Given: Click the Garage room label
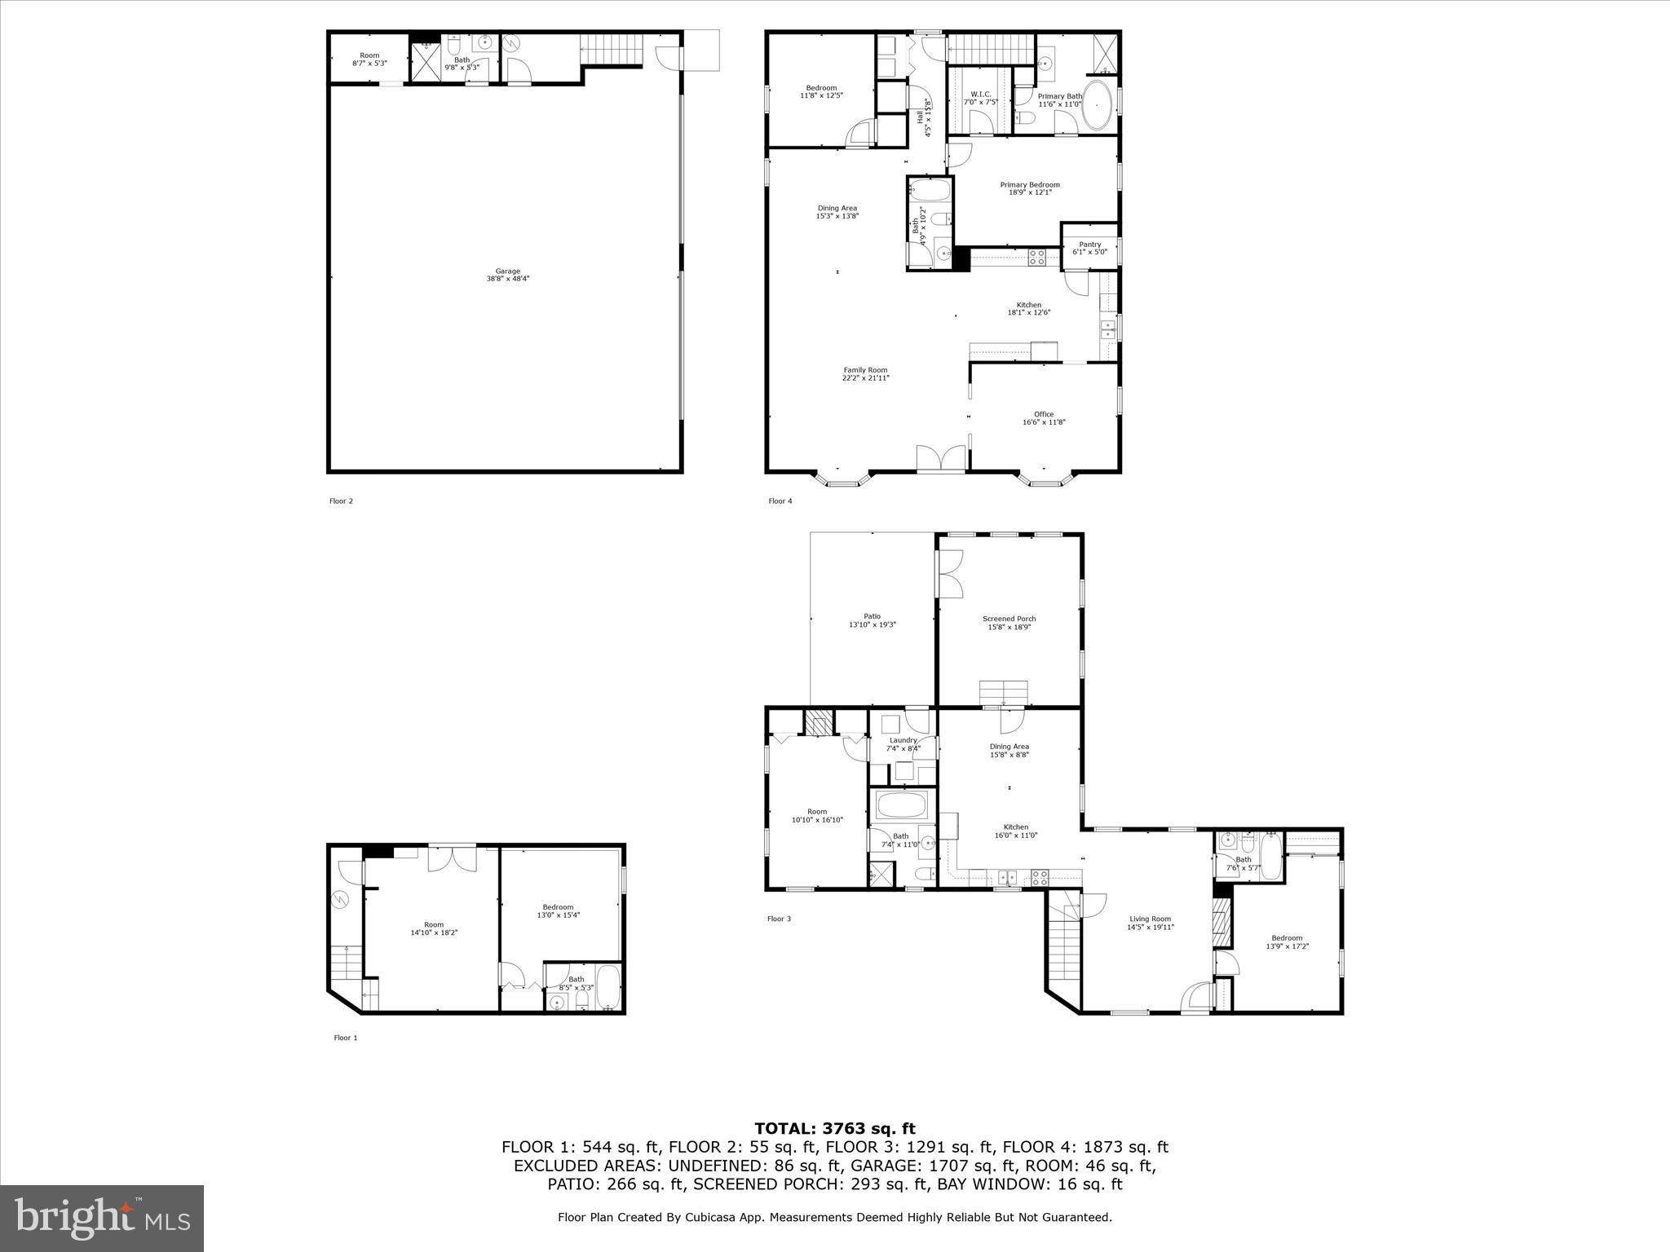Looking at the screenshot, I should coord(507,275).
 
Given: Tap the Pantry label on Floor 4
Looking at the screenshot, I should coord(1089,248).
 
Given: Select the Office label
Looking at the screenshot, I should coord(1044,418).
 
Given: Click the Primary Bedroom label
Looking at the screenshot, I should coord(1030,188).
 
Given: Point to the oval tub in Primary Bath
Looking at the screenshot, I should coord(1098,106).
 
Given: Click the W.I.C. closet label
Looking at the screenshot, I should coord(980,98).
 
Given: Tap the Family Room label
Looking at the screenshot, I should coord(865,373).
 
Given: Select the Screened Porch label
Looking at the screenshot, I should coord(1009,623).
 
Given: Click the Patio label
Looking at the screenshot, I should coord(872,620).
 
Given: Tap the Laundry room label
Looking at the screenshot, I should coord(903,744).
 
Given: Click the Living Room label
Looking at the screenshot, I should coord(1150,923).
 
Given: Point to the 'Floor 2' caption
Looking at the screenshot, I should coord(341,501).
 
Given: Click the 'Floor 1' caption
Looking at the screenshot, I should coord(345,1038).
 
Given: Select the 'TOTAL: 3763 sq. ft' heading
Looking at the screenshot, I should coord(834,1129).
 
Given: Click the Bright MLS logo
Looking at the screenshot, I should coord(102,1219).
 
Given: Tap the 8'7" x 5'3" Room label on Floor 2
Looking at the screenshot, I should coord(369,59).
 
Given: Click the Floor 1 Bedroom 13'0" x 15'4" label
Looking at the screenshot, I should coord(558,910).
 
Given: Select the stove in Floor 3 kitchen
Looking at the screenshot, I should coord(1040,878).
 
